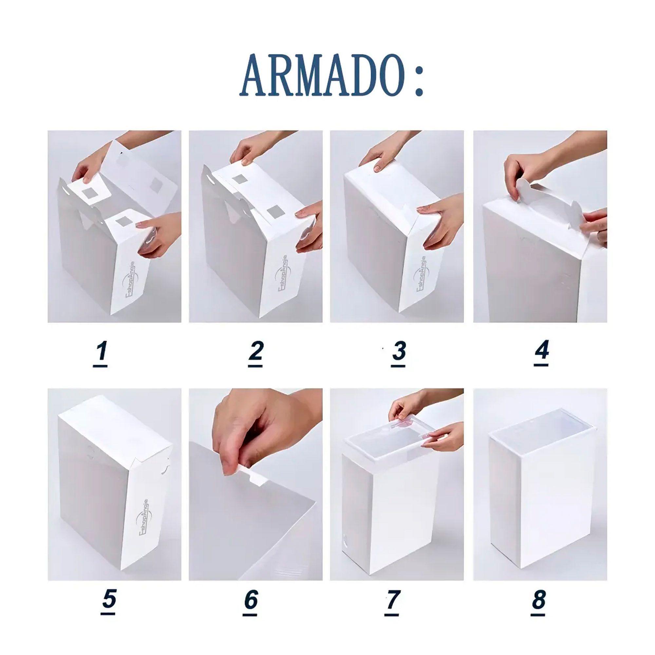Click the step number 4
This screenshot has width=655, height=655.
pyautogui.click(x=541, y=351)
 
